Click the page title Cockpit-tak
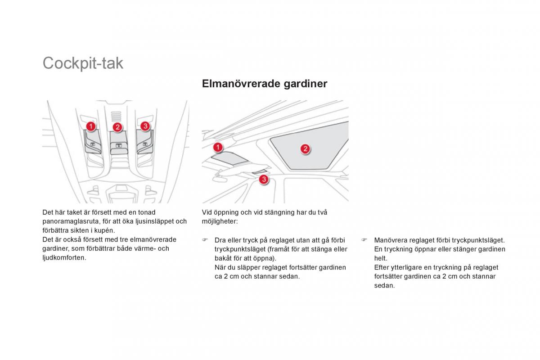[x=83, y=63]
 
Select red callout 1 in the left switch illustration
[x=90, y=126]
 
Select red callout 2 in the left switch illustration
[x=117, y=127]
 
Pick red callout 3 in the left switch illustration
[x=145, y=126]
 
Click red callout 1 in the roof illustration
[x=218, y=147]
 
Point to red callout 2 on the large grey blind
[x=305, y=149]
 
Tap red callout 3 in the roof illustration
[x=264, y=180]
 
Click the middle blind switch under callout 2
[x=118, y=146]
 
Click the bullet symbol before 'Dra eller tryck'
[x=205, y=240]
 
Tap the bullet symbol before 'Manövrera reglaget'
[x=364, y=240]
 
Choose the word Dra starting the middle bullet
[x=220, y=240]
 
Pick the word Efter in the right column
[x=382, y=267]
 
